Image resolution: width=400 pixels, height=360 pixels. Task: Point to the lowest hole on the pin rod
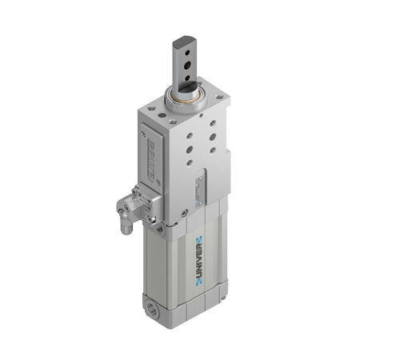[x=186, y=78]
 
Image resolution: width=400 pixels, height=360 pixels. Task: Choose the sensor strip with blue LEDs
[x=200, y=188]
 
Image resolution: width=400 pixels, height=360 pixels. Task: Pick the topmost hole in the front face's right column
[x=213, y=124]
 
